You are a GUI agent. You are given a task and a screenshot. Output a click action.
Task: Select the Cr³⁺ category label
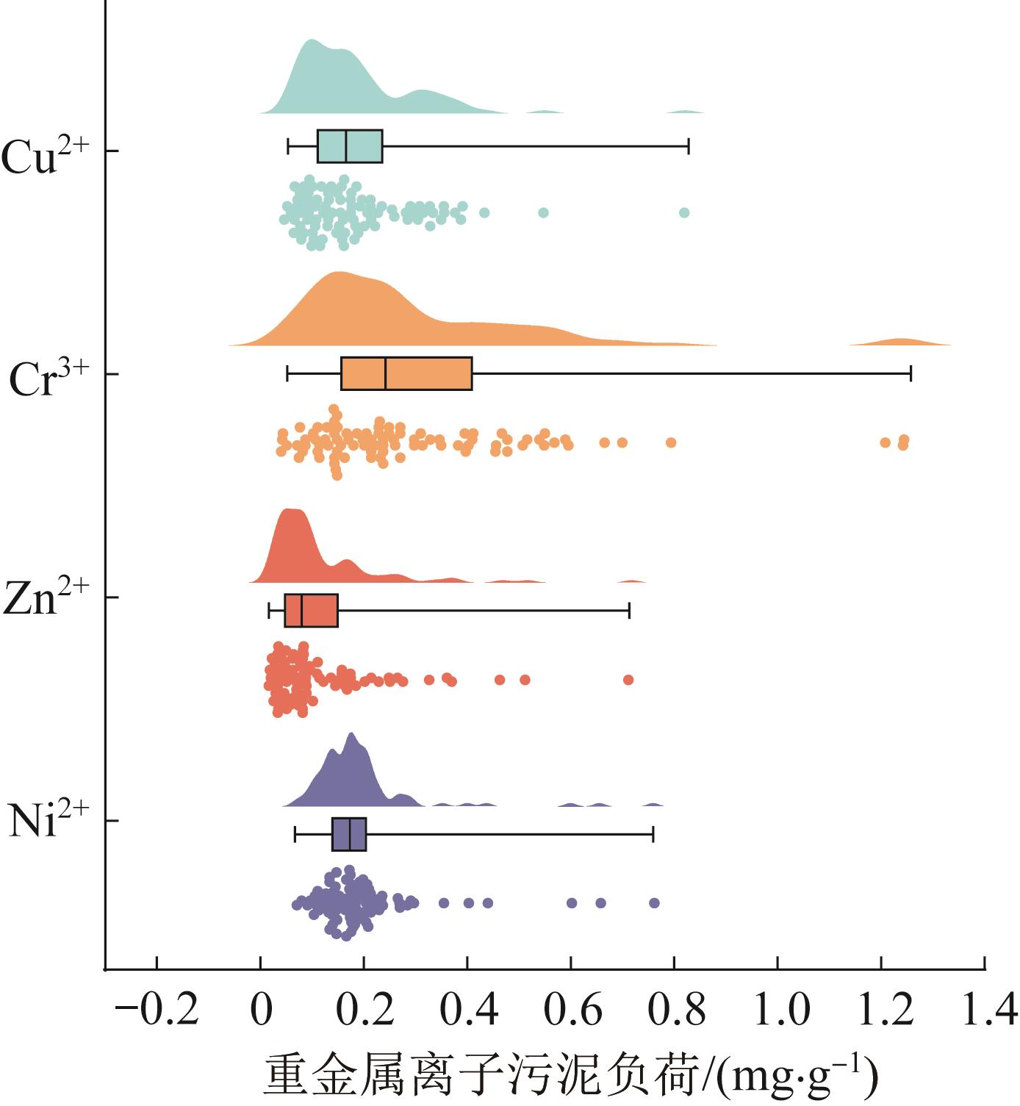coord(49,378)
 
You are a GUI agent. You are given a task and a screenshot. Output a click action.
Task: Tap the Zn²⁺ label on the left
coord(46,598)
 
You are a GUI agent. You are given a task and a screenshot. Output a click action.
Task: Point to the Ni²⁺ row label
coord(49,821)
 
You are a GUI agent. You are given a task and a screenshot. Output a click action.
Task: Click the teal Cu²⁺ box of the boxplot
coord(350,146)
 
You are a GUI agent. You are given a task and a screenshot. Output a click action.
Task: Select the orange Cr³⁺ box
coord(406,373)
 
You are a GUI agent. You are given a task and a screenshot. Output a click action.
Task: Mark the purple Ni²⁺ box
coord(349,834)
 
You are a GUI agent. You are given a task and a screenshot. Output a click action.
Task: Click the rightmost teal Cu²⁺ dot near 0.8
coord(684,213)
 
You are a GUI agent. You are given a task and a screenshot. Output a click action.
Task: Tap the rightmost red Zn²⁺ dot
coord(628,680)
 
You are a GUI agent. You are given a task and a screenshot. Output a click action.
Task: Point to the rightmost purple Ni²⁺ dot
coord(654,903)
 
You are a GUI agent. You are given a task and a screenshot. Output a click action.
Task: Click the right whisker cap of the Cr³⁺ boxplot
coord(911,373)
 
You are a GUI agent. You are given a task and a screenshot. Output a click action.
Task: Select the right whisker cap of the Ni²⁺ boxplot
coord(653,834)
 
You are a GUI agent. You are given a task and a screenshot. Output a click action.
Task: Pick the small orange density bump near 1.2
coord(901,342)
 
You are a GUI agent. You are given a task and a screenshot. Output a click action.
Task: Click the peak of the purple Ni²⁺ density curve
coord(351,735)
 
